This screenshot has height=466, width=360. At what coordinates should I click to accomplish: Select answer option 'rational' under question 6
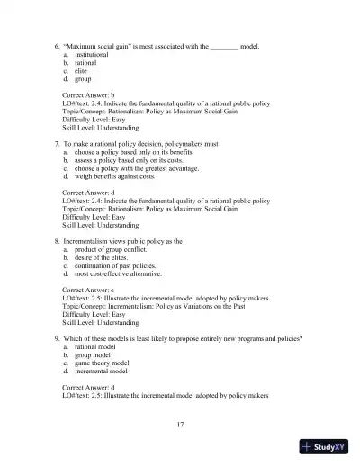pos(86,63)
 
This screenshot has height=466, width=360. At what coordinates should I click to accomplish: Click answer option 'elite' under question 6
pos(82,71)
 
